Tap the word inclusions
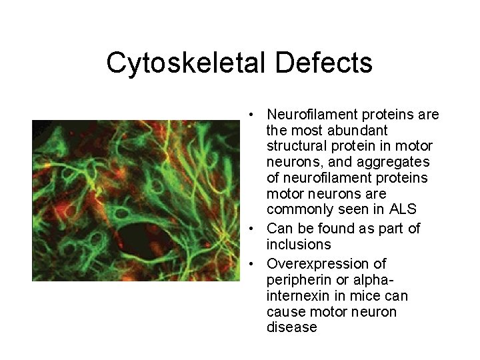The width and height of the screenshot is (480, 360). point(298,244)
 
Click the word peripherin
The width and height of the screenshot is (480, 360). point(297,279)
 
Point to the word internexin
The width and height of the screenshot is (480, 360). point(299,295)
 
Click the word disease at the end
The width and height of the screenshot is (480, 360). point(291,327)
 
